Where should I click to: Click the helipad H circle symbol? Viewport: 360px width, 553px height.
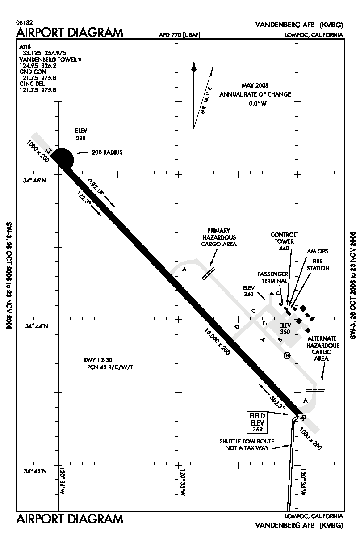click(x=287, y=355)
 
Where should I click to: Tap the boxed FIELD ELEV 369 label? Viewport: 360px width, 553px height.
click(x=258, y=422)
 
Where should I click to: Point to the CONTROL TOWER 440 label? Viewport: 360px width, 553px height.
click(x=283, y=241)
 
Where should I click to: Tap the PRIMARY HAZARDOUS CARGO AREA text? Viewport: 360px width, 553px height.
click(x=219, y=237)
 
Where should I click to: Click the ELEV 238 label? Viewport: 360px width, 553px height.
click(x=81, y=134)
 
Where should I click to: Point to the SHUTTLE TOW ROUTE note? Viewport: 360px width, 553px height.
click(x=247, y=444)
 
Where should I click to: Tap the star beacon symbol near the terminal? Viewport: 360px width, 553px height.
click(x=278, y=293)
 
